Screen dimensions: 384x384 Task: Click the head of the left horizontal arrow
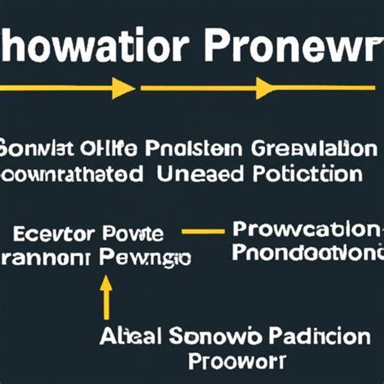coord(124,88)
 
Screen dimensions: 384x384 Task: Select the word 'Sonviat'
coord(38,149)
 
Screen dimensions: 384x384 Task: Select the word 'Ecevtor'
coord(54,235)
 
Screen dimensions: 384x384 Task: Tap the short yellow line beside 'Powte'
coord(203,232)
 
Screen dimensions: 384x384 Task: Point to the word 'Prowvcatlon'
coord(305,229)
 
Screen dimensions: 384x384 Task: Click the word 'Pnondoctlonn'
coord(305,253)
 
